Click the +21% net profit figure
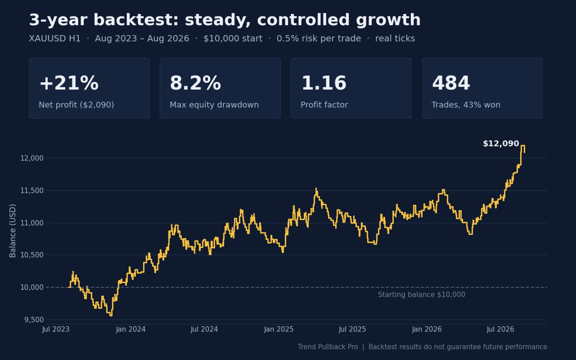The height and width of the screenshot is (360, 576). (69, 83)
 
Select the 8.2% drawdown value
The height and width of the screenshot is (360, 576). (195, 83)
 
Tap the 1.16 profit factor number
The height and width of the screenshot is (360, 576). (324, 83)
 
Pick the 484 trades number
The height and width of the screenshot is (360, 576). (451, 83)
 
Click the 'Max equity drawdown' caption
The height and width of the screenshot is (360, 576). (214, 105)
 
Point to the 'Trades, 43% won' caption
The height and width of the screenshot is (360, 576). (466, 105)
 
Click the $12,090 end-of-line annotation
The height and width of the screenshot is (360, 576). (501, 144)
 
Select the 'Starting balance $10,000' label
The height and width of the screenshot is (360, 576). (422, 295)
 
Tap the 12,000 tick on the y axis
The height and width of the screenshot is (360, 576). (32, 158)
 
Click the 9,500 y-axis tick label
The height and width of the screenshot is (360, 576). (34, 319)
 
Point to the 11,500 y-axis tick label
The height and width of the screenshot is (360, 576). (32, 190)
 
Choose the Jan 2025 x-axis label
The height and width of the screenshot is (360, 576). (279, 329)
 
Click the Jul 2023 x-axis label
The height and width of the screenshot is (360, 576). (56, 329)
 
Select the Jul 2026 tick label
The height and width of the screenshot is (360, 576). (500, 329)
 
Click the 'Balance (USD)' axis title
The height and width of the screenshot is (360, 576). (13, 231)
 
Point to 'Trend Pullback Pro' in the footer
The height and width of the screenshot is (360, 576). (328, 347)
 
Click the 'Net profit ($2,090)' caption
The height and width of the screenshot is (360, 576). (76, 105)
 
